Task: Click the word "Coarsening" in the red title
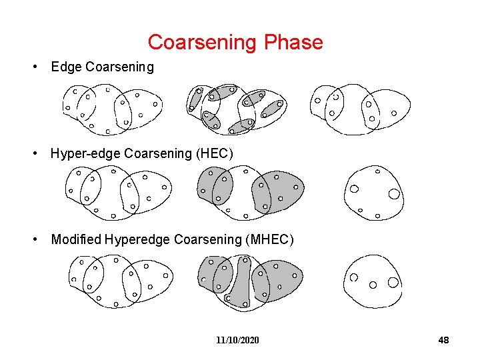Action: (203, 43)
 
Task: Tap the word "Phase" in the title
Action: (293, 43)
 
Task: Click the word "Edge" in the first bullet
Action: (65, 67)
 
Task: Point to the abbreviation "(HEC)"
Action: (215, 154)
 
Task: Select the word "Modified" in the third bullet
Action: (76, 239)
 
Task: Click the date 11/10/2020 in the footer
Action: (237, 341)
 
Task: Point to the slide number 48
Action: (443, 341)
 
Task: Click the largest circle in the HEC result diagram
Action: (394, 194)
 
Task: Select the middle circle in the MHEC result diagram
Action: (373, 285)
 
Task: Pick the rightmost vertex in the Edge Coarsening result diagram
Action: (394, 113)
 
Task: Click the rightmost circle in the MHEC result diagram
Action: (393, 282)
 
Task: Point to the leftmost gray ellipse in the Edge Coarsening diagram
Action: (194, 99)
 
